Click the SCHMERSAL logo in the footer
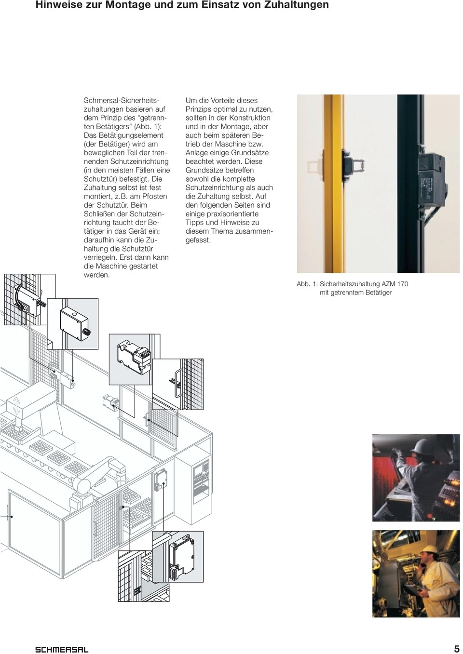(62, 649)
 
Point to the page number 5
(457, 649)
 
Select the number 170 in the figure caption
(402, 284)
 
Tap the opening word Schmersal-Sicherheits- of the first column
(122, 100)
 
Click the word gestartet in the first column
(144, 266)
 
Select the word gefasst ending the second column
(198, 240)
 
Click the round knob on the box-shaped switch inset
(86, 332)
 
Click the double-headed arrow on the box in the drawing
(16, 405)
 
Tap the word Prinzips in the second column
(198, 109)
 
